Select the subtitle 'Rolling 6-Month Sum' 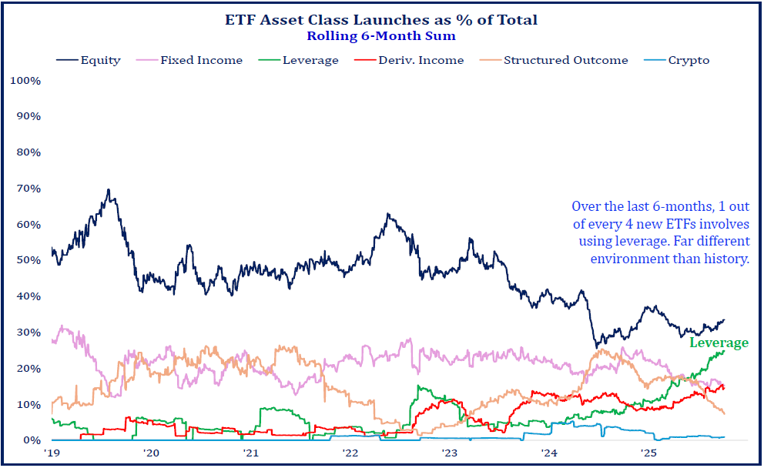coord(381,35)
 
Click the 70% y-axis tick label coord(27,188)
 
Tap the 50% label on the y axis coord(27,260)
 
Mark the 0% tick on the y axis coord(30,440)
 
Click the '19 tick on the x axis coord(52,453)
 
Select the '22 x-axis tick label coord(350,453)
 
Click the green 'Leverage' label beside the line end coord(718,343)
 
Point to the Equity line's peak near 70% coord(109,190)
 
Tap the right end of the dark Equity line coord(724,320)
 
